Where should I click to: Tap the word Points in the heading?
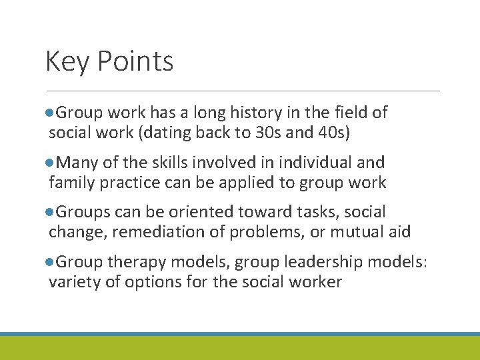click(x=135, y=62)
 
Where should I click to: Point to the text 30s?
click(x=269, y=132)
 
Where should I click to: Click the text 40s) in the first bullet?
click(x=332, y=132)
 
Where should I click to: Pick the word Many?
click(x=76, y=163)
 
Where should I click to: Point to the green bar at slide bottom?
click(x=240, y=349)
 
